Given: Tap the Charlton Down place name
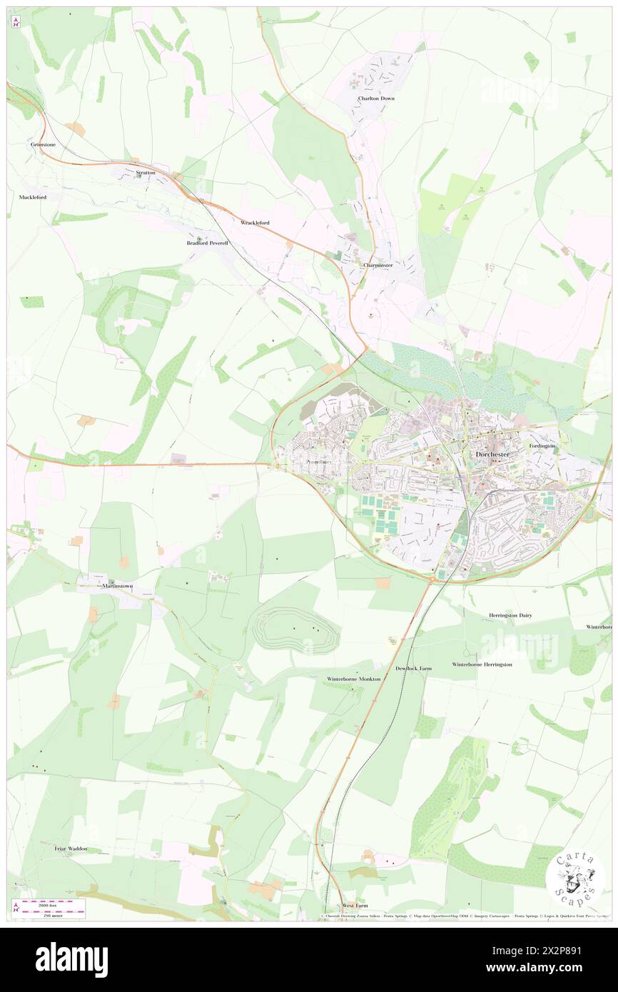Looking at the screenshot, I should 376,98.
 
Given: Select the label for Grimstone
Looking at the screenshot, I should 43,144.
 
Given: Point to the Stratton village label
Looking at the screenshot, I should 145,173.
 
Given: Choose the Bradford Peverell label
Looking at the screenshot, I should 203,243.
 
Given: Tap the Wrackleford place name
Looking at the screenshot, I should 255,223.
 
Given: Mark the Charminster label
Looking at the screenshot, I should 378,265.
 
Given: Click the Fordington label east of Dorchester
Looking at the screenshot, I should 542,446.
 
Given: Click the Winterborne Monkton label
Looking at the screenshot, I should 354,679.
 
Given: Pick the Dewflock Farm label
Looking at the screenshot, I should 414,669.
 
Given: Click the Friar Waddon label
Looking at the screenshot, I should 71,849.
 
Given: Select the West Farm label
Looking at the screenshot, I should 353,904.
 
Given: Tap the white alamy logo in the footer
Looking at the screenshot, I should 71,959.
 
